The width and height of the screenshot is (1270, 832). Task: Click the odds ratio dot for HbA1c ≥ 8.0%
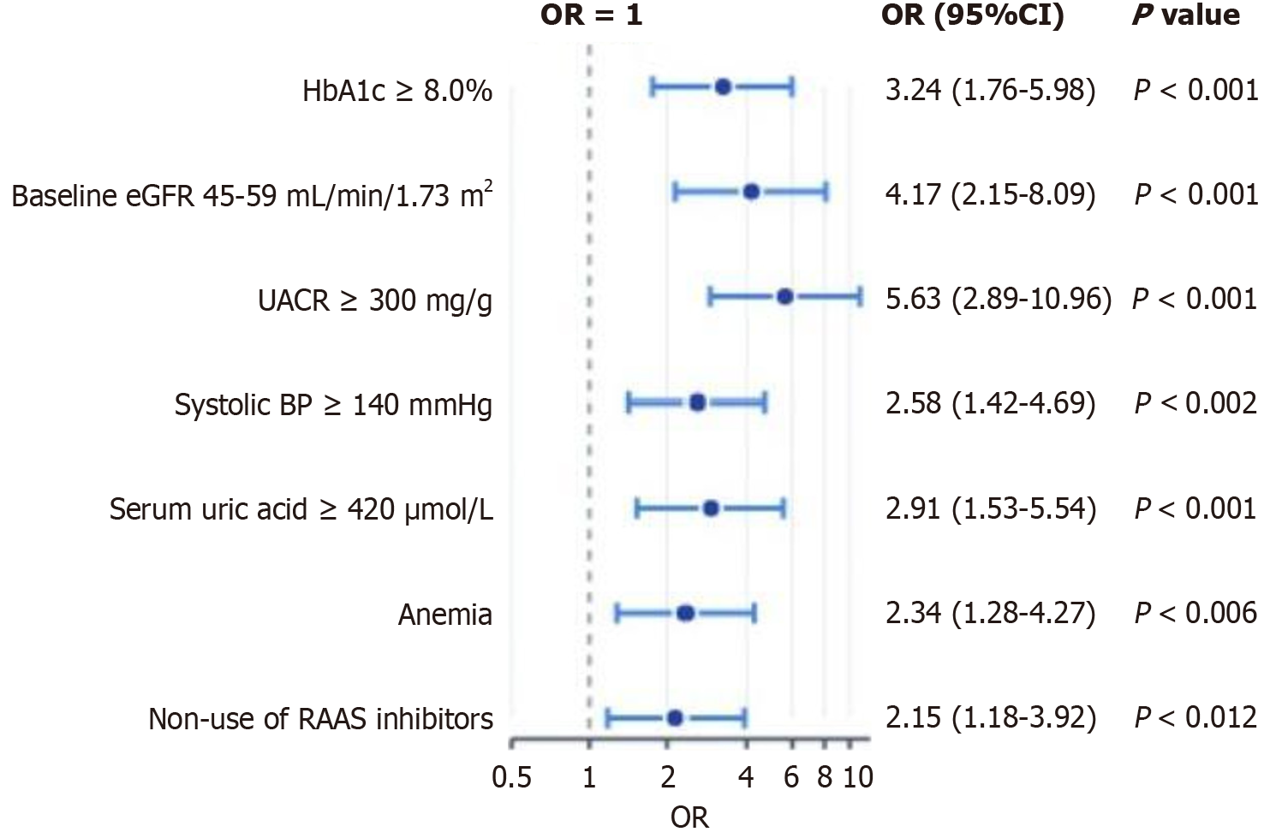pyautogui.click(x=722, y=86)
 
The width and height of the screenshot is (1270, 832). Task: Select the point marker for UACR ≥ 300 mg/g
pyautogui.click(x=784, y=297)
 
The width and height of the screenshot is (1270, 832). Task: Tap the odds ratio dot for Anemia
pyautogui.click(x=685, y=613)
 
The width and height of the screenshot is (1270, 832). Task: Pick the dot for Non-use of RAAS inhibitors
pyautogui.click(x=674, y=717)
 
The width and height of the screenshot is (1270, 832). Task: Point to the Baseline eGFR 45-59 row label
pyautogui.click(x=252, y=196)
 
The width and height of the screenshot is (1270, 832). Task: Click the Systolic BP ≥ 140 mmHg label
pyautogui.click(x=333, y=404)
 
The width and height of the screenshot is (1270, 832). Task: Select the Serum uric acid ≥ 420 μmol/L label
pyautogui.click(x=301, y=509)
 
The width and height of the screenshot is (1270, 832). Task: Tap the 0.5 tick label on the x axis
pyautogui.click(x=511, y=776)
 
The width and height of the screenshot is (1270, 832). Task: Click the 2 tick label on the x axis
pyautogui.click(x=667, y=776)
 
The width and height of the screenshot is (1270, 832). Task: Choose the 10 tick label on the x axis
pyautogui.click(x=858, y=776)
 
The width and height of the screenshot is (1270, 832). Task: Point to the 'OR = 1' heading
pyautogui.click(x=591, y=15)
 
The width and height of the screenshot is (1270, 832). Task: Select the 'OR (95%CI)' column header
pyautogui.click(x=972, y=15)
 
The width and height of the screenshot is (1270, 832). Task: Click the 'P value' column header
pyautogui.click(x=1185, y=15)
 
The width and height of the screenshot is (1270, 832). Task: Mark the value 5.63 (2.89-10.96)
pyautogui.click(x=999, y=299)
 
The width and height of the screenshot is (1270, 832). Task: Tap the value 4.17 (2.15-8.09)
pyautogui.click(x=990, y=194)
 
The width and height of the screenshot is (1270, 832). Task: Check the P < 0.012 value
pyautogui.click(x=1195, y=717)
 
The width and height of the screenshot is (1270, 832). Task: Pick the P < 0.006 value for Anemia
pyautogui.click(x=1195, y=613)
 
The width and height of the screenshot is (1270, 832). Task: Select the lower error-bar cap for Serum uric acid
pyautogui.click(x=636, y=508)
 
